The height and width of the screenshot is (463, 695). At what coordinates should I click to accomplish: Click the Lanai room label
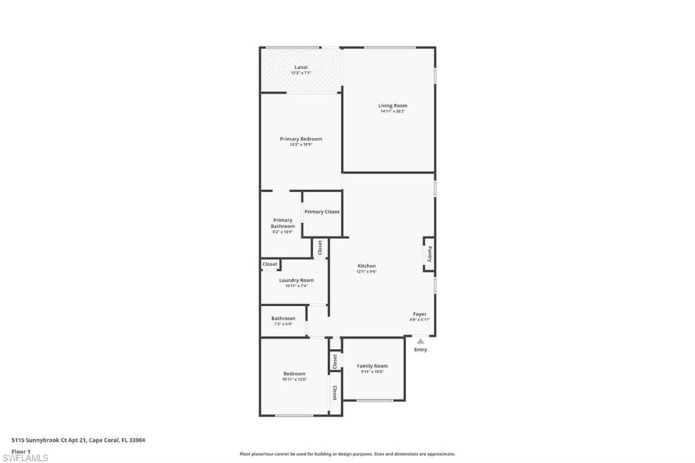[301, 67]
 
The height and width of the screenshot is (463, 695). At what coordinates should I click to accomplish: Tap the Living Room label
[393, 105]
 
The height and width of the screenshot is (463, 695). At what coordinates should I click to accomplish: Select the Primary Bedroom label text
[301, 138]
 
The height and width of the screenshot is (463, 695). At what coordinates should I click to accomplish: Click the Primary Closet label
[322, 212]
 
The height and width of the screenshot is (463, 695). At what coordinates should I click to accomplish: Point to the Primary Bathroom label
[282, 223]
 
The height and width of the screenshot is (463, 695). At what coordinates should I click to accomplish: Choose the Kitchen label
[367, 266]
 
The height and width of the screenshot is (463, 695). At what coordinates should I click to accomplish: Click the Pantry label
[430, 254]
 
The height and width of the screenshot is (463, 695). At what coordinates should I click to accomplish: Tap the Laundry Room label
[296, 280]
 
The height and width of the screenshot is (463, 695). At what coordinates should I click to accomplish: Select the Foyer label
[420, 314]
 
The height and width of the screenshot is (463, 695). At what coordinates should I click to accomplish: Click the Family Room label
[372, 366]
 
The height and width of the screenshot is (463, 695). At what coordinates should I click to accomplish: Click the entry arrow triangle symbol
[420, 341]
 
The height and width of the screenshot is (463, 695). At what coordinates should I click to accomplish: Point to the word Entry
[421, 350]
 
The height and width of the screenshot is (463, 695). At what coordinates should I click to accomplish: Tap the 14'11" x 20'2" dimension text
[393, 111]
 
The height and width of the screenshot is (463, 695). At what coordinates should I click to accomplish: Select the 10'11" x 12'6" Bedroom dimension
[294, 379]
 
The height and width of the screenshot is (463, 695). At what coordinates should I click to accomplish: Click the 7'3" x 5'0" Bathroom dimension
[283, 324]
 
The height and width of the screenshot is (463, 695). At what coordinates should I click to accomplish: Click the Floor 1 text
[21, 450]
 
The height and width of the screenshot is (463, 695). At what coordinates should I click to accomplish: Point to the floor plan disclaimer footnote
[347, 454]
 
